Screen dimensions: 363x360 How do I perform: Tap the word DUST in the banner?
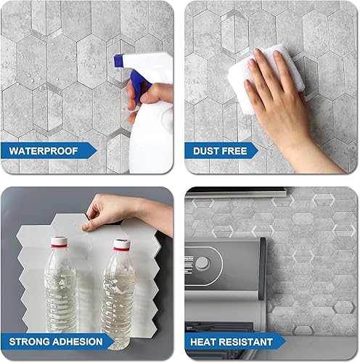205,152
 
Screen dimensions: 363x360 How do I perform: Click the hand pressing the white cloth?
279,102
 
